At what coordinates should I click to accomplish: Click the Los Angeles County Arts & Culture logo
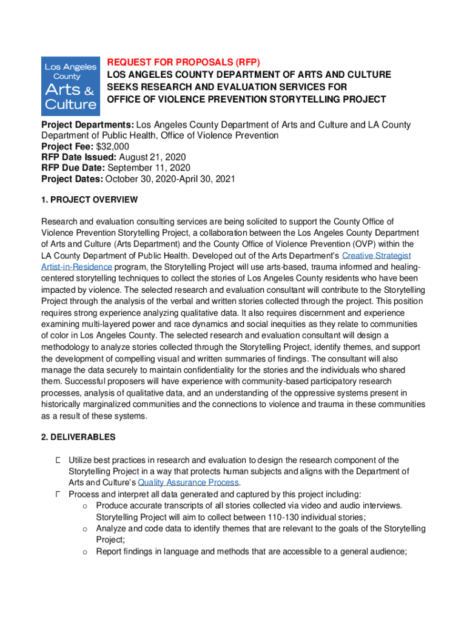[70, 86]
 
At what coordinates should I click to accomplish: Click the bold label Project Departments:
[88, 125]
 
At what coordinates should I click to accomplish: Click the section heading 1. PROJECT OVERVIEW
[89, 200]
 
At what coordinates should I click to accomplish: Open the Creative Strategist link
[377, 256]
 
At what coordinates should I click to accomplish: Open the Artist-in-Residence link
[76, 267]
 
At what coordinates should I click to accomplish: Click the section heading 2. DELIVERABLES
[78, 437]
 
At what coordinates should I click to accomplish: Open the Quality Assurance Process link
[188, 482]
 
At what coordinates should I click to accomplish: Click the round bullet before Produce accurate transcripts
[86, 505]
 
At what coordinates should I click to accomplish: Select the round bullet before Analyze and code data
[86, 528]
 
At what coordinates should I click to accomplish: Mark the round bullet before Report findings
[86, 552]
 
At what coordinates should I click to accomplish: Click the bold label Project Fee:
[64, 146]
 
